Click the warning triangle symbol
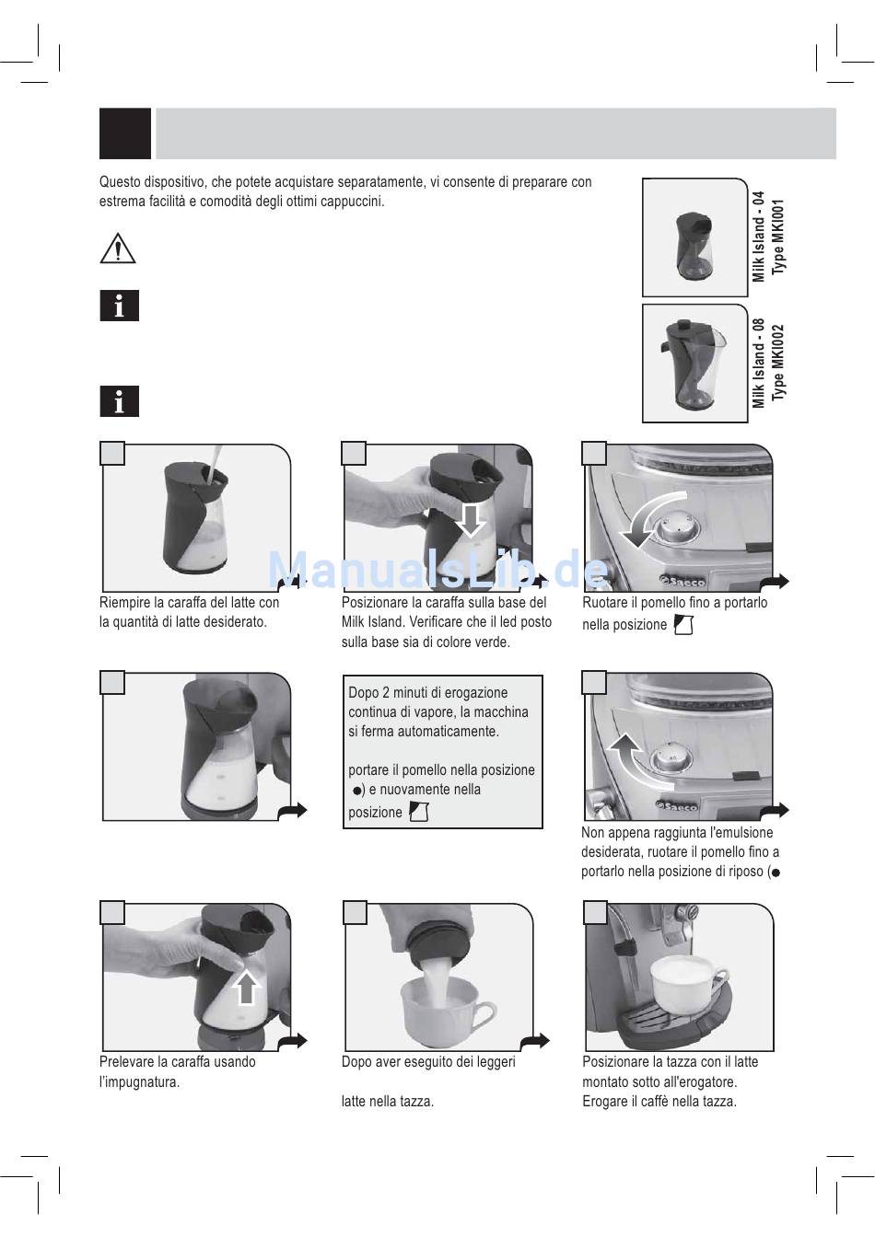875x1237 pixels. click(118, 249)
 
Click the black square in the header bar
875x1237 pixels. click(125, 133)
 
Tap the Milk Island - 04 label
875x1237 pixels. click(758, 237)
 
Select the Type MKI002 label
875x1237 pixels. click(778, 363)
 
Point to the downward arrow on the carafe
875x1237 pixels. click(471, 520)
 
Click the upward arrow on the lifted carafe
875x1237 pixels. click(247, 987)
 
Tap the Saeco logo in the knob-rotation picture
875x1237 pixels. click(682, 581)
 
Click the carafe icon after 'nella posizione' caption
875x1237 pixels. click(683, 625)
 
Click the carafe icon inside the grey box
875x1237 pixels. click(418, 812)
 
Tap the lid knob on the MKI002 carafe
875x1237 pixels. click(683, 326)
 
